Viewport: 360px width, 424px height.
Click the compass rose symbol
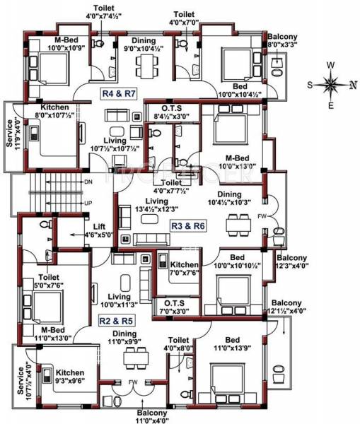330,85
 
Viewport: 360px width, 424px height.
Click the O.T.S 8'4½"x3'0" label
168,112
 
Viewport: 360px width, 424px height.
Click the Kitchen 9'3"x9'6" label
71,377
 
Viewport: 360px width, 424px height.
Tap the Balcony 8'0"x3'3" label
282,40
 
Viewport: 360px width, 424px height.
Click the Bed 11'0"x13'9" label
238,343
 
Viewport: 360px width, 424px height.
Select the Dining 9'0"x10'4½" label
144,45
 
